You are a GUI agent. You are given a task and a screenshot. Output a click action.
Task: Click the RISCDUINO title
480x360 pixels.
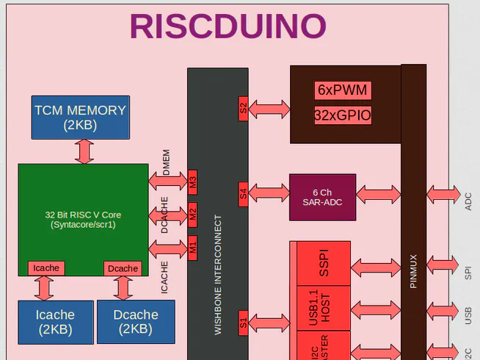228,26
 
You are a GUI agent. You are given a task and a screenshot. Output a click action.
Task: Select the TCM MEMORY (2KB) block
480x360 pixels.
80,117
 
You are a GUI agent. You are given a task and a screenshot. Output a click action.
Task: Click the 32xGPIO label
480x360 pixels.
343,115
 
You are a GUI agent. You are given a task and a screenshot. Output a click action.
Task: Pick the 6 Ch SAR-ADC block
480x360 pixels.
322,197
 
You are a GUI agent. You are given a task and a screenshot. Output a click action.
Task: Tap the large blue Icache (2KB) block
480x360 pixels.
55,322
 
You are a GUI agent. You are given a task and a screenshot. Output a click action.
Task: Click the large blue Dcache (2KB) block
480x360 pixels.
136,322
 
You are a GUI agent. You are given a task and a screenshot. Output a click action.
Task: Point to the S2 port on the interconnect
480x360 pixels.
244,109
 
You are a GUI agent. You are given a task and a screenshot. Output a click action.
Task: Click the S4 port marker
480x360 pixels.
244,195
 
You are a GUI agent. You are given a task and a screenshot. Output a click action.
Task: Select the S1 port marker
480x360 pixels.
244,322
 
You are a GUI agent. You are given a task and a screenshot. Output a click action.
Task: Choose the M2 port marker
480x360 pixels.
193,215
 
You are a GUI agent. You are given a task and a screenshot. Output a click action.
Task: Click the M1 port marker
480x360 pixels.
193,248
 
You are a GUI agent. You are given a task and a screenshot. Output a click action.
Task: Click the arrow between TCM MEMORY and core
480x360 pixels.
84,151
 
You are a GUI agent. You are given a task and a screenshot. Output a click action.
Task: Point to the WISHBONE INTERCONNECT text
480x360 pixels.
218,275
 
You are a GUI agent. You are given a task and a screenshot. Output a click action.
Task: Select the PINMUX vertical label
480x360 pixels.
413,271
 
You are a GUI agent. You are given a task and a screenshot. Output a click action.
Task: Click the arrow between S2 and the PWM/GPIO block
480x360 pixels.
269,109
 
